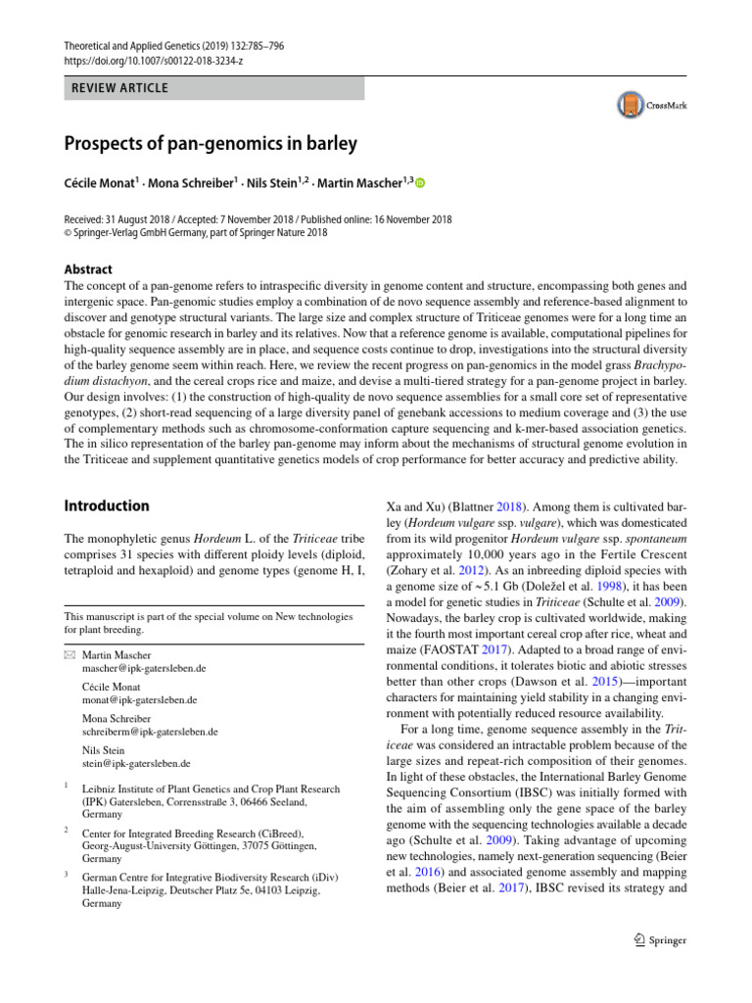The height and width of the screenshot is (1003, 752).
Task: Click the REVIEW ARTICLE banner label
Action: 117,88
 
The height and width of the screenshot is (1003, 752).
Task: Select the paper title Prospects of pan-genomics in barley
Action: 211,144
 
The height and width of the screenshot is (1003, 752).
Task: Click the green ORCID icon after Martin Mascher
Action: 422,182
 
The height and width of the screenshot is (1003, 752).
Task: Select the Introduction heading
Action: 107,506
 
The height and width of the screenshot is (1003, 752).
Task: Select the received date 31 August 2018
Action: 145,219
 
